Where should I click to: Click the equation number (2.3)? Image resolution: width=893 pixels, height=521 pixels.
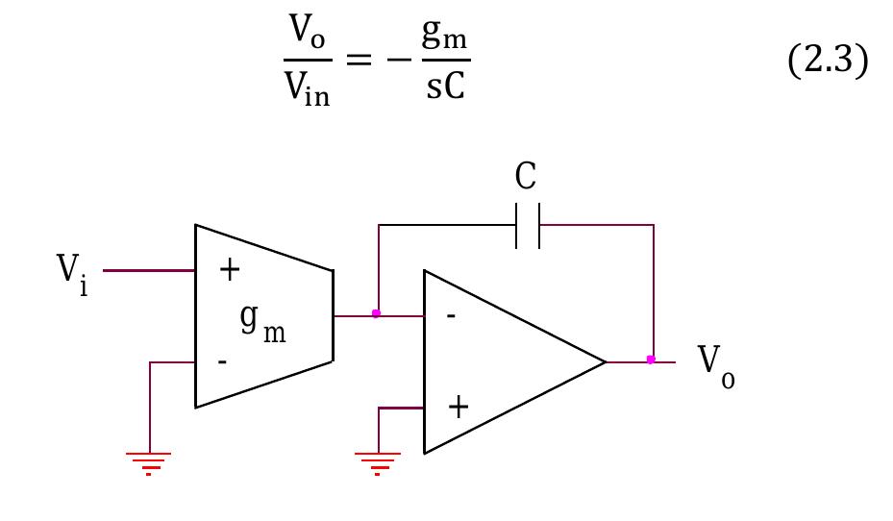tap(827, 63)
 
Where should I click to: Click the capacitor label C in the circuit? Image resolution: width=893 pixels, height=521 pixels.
tap(526, 177)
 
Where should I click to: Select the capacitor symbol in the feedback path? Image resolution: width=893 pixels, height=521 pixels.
tap(528, 226)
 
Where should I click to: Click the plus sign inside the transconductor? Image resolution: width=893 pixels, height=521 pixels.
tap(229, 270)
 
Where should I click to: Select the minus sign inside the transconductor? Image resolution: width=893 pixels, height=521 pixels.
tap(223, 361)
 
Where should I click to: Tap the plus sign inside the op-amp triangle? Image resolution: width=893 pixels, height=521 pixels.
tap(459, 408)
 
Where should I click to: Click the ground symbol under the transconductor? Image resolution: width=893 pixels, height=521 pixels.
tap(149, 462)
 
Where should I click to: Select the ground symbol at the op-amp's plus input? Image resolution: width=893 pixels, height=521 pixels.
tap(378, 462)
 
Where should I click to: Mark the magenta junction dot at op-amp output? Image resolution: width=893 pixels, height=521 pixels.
tap(651, 360)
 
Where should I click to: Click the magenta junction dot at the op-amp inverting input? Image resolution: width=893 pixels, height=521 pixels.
tap(376, 313)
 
